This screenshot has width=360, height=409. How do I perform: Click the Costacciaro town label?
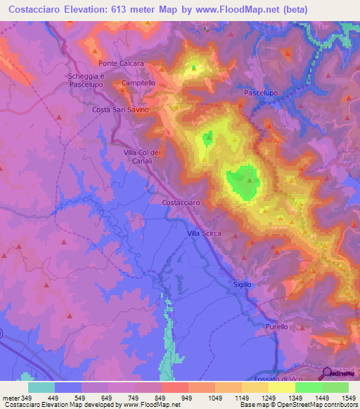tap(181, 202)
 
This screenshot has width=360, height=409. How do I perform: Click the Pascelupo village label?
tap(261, 93)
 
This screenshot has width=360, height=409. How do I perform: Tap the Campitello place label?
tap(139, 83)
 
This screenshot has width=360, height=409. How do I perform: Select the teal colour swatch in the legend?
tap(41, 387)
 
